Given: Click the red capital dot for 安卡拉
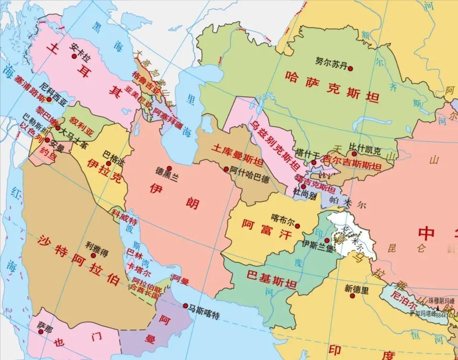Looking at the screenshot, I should (x=74, y=56).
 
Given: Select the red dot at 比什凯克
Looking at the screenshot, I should (x=354, y=154).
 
